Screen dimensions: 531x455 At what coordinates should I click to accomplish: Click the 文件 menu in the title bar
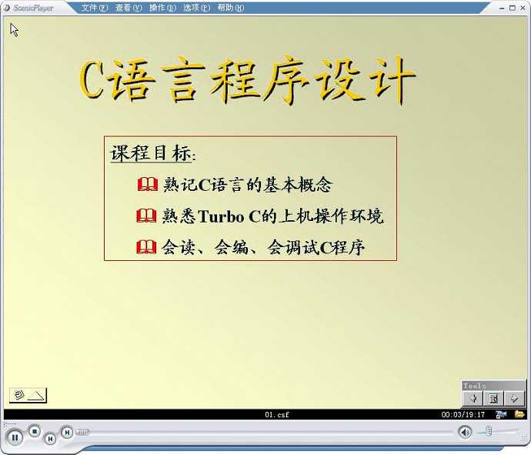[95, 8]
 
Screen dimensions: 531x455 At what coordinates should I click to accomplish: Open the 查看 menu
[129, 8]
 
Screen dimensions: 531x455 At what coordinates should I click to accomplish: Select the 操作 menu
[162, 8]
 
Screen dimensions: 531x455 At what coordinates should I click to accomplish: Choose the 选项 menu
[197, 8]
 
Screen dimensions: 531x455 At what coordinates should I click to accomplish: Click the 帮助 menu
[231, 8]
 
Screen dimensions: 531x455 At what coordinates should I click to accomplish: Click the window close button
[523, 8]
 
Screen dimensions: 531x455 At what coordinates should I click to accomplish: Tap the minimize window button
[502, 8]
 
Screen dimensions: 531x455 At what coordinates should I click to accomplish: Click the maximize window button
[513, 8]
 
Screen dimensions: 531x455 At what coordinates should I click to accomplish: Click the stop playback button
[34, 431]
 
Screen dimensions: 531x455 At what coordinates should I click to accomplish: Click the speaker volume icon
[465, 432]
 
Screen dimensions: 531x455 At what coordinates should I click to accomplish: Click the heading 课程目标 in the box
[151, 153]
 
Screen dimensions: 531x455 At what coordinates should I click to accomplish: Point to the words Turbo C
[229, 216]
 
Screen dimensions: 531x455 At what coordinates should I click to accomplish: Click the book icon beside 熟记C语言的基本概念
[148, 184]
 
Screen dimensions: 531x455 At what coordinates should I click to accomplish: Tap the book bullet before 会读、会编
[146, 247]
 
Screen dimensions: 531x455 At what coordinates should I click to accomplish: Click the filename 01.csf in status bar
[277, 414]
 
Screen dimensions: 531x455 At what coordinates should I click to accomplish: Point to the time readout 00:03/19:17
[463, 414]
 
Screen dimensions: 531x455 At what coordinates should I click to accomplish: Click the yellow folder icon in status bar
[519, 414]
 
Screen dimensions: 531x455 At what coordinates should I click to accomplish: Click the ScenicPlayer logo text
[33, 8]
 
